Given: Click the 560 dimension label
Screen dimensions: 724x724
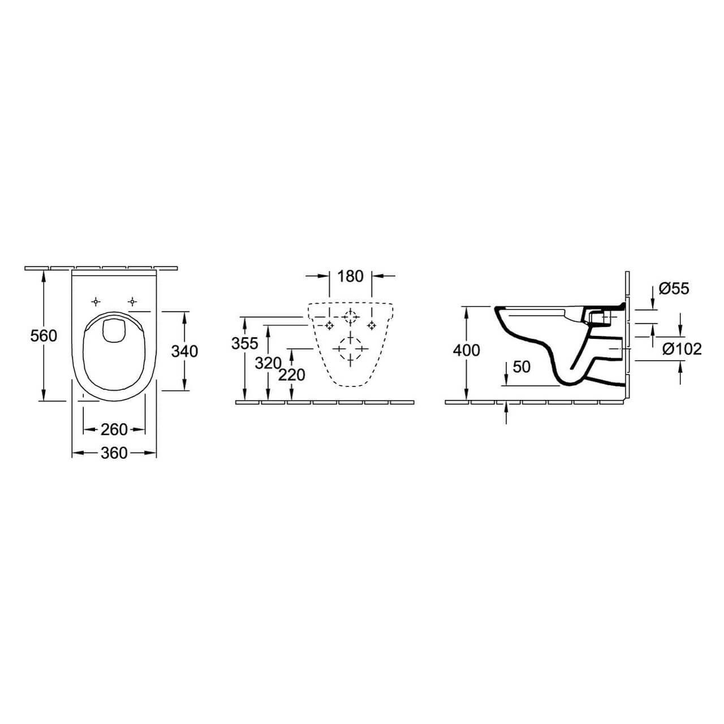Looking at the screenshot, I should point(44,336).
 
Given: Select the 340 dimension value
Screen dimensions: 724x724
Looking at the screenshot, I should point(184,351).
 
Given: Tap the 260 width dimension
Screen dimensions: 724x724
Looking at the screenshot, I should point(114,430).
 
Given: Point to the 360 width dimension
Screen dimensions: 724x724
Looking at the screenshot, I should point(114,453).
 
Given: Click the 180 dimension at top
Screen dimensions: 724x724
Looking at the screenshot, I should point(350,277).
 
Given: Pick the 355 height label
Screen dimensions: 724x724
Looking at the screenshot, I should point(244,343).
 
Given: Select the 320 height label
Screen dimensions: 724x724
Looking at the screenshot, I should point(268,363).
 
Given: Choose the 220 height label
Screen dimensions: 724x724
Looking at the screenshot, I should point(291,374).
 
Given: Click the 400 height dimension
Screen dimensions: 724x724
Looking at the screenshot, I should point(466,351).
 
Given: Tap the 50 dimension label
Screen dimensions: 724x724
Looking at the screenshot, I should point(522,367).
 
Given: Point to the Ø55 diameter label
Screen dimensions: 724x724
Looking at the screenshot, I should point(674,288).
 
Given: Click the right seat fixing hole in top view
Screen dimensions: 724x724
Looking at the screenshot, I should point(132,301).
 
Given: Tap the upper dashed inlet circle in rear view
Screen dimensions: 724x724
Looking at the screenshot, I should point(350,317).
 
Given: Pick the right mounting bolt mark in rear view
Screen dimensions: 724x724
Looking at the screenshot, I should point(372,325).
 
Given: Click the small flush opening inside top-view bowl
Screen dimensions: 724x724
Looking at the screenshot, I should point(114,331).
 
